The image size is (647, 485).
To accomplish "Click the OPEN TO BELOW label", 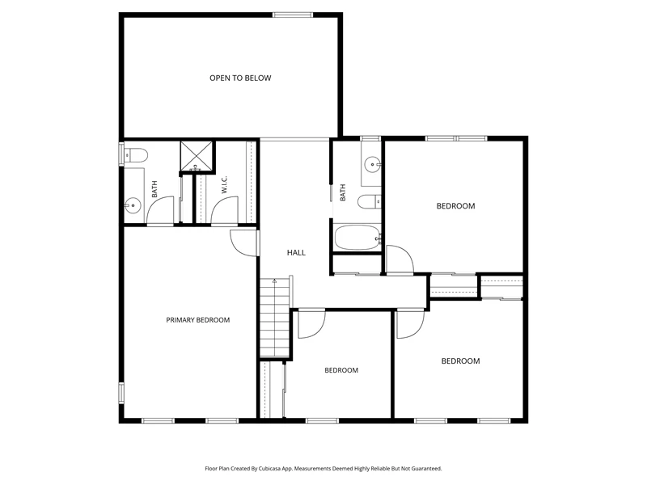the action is pos(240,78).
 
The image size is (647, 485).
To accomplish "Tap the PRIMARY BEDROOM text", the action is pos(197,320).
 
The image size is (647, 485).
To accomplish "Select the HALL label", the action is pos(296,252).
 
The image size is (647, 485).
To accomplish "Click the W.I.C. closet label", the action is pos(225,184).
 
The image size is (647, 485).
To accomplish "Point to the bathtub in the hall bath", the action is pos(357,237).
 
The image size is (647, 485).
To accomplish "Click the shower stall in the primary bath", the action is pos(197,156).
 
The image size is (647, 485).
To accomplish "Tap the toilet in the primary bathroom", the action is pos(136,155).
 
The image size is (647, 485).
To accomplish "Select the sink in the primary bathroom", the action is pos(133,205).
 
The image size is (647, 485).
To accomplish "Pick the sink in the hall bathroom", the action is pos(373,164).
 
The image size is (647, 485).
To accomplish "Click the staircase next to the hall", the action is pos(274,318).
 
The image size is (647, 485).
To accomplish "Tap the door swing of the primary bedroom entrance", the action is pos(244,243).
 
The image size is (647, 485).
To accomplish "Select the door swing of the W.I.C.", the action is pos(225,210).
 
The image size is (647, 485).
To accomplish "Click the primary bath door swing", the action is pos(160,210).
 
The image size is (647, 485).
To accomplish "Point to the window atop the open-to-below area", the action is pos(293,15).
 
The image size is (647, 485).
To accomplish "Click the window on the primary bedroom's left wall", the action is pos(121,392).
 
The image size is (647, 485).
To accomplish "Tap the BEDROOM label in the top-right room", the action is pos(455,206).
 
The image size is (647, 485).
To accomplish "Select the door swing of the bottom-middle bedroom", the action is pos(311,325).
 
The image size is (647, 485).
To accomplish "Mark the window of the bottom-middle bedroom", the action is pos(322,420).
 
